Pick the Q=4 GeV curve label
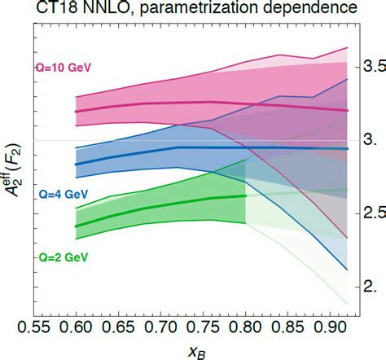pyautogui.click(x=62, y=195)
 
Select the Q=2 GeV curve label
pyautogui.click(x=62, y=257)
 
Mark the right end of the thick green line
pyautogui.click(x=245, y=195)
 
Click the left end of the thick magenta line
pyautogui.click(x=76, y=111)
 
